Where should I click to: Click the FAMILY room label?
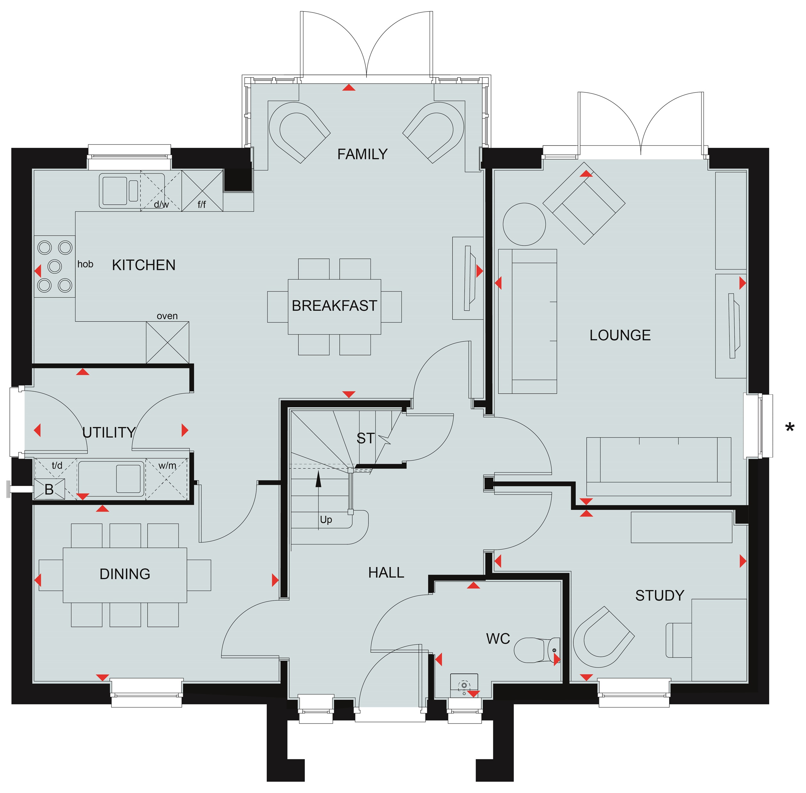point(362,154)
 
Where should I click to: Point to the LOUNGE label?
point(620,335)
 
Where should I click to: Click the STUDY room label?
point(660,596)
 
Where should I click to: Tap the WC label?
point(498,639)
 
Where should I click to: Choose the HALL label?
point(386,573)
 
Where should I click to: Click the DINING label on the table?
point(125,574)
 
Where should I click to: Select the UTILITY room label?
point(109,432)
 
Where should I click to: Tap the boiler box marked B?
point(49,489)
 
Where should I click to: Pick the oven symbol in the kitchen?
point(168,342)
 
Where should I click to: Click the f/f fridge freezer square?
point(202,191)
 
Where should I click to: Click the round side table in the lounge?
point(524,224)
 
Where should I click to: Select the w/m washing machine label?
point(167,465)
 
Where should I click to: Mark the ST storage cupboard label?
point(366,438)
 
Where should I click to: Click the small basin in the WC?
point(464,685)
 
